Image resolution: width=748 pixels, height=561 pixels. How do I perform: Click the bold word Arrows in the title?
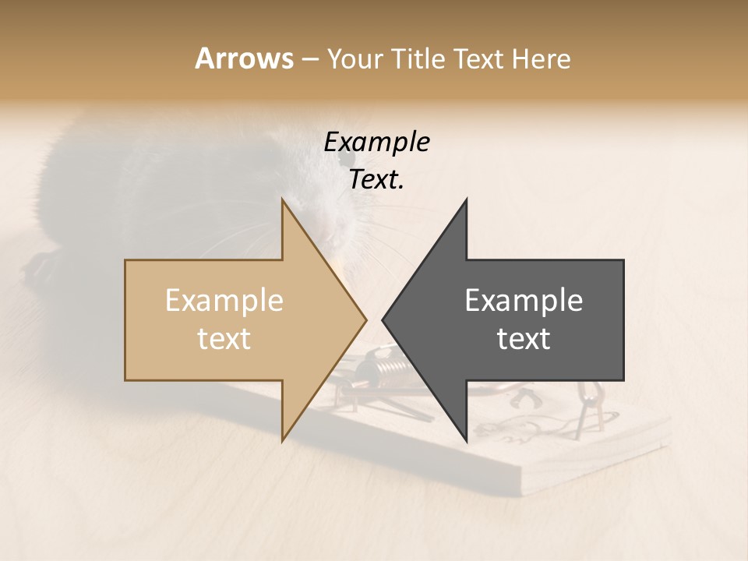244,58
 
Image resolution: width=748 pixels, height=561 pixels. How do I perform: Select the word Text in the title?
477,59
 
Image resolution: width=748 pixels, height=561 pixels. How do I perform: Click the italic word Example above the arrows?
376,143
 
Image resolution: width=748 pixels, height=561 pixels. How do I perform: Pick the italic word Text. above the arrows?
376,180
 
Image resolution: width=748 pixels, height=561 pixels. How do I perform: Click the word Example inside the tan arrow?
224,301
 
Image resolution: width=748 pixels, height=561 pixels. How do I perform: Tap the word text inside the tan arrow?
224,339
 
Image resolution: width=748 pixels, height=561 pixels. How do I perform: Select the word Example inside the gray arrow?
524,301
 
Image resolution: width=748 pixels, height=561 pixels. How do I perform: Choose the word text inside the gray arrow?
524,339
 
